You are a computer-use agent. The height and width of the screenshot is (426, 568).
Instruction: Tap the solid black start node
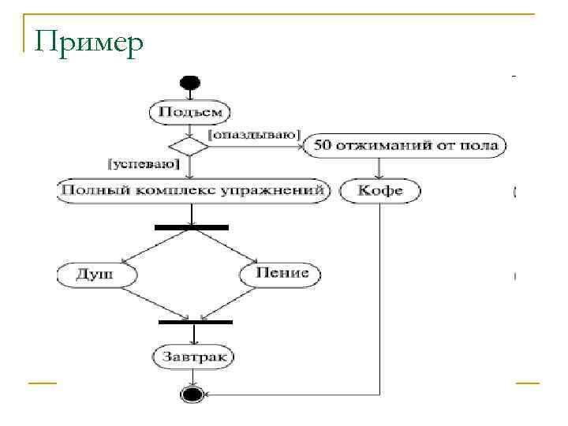[190, 82]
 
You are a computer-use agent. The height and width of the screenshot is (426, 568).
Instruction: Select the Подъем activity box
[190, 111]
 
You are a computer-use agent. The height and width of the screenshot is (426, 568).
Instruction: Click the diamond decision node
[189, 147]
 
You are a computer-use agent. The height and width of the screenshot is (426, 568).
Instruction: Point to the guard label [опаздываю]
[254, 135]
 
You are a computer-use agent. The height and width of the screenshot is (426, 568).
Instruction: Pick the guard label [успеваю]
[143, 164]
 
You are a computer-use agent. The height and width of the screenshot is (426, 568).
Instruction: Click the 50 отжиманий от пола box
[405, 146]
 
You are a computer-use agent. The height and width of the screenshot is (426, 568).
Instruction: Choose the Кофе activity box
[379, 191]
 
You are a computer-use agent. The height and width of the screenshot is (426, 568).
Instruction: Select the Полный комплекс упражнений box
[192, 191]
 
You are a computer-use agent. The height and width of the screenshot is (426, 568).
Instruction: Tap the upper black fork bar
[192, 227]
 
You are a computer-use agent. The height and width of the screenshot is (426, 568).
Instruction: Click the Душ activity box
[96, 275]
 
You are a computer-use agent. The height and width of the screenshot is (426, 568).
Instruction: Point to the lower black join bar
[195, 322]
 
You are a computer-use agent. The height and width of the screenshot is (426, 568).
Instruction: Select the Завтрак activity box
[193, 357]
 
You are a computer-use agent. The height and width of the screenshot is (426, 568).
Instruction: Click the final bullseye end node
[192, 394]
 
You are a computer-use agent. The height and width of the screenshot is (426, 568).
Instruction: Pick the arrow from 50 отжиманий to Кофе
[379, 169]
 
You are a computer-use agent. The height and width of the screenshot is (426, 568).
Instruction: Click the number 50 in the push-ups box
[322, 146]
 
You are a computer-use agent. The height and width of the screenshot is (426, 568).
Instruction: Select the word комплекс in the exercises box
[183, 191]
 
